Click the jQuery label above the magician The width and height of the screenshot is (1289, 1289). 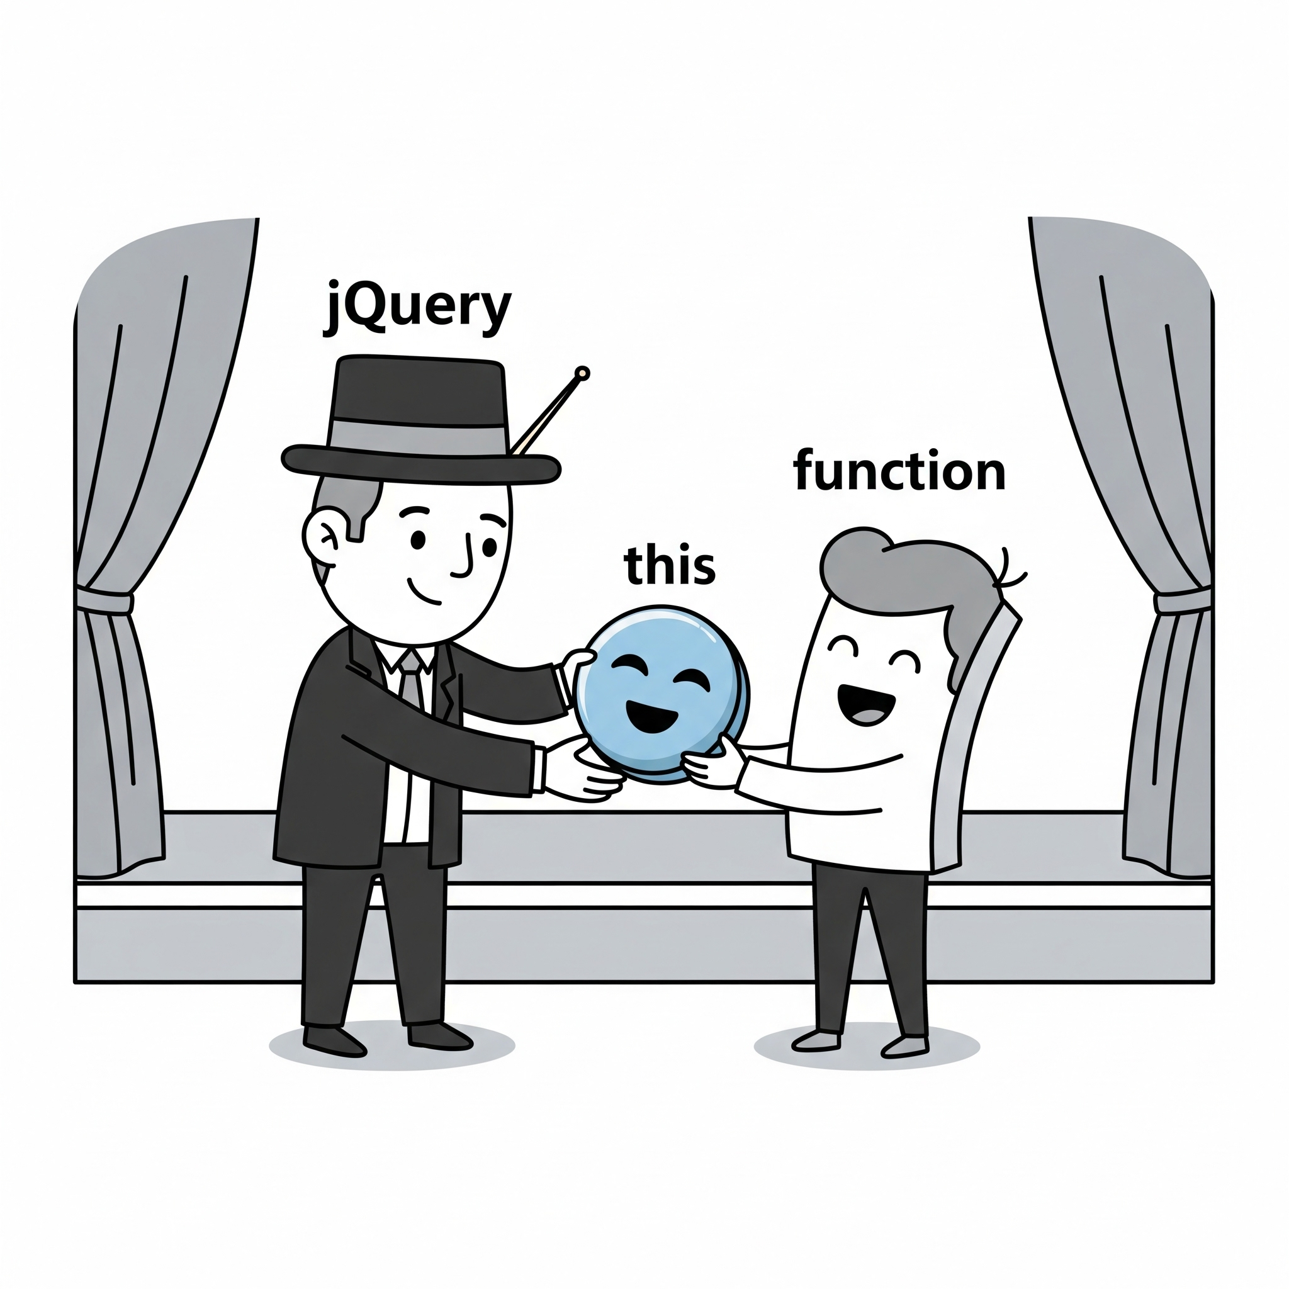417,309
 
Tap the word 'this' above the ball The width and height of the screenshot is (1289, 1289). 669,565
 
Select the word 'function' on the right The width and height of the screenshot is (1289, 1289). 899,471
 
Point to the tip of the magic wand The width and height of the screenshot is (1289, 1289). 582,373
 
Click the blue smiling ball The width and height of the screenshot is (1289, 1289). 660,694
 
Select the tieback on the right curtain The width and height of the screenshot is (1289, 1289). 1182,600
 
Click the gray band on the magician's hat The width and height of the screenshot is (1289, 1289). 417,436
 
